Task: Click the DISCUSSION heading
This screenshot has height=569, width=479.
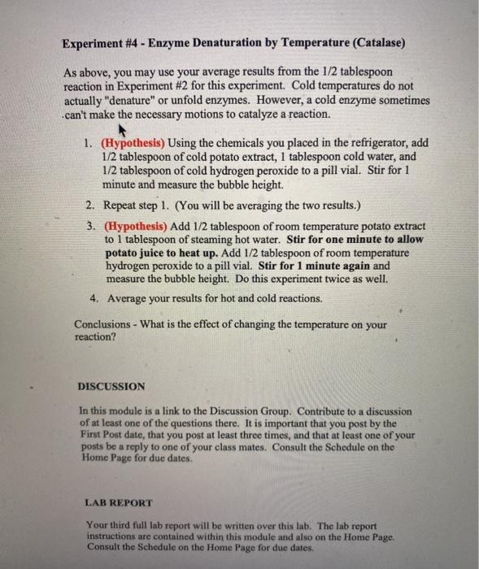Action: (x=111, y=386)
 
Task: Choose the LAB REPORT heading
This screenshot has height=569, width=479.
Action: (x=118, y=502)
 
